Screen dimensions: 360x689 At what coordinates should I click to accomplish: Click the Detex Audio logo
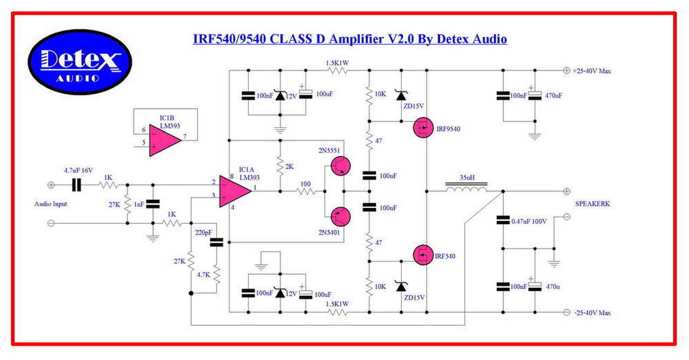click(x=80, y=62)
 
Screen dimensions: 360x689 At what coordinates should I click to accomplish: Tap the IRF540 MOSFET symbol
click(x=424, y=255)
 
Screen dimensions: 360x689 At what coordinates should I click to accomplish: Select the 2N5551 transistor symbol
click(x=340, y=166)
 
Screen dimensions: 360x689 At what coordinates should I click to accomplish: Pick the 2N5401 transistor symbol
click(x=340, y=216)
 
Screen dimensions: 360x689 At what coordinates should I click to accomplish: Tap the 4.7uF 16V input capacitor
click(x=76, y=185)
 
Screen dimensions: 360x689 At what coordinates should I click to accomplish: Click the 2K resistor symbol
click(x=280, y=167)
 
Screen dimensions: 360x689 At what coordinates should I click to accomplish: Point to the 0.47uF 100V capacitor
click(x=503, y=220)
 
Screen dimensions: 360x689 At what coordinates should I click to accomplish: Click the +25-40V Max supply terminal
click(x=566, y=70)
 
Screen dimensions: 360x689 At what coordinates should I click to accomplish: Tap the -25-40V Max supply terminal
click(x=566, y=312)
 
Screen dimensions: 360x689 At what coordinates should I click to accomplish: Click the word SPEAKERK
click(x=593, y=204)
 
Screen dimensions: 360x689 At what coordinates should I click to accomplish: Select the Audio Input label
click(x=51, y=204)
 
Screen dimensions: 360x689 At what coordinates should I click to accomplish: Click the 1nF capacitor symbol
click(x=153, y=204)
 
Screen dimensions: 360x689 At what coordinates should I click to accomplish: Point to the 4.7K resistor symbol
click(x=216, y=275)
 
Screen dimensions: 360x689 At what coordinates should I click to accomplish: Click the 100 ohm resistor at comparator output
click(x=306, y=191)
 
